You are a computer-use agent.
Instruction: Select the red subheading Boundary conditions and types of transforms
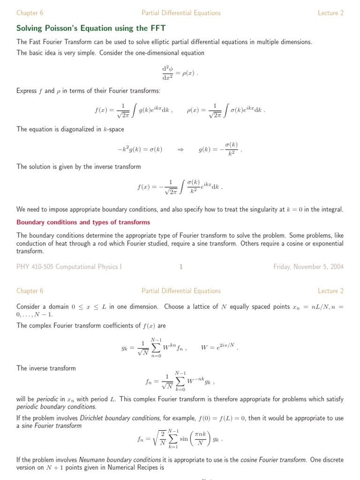click(x=83, y=222)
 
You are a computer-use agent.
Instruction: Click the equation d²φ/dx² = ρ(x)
click(x=180, y=73)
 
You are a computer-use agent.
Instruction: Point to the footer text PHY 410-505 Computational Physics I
click(x=69, y=267)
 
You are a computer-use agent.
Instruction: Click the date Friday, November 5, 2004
click(x=308, y=267)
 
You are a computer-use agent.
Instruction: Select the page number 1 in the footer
click(x=180, y=267)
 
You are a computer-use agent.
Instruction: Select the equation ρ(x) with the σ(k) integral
click(x=226, y=111)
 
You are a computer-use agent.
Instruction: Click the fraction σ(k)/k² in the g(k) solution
click(x=232, y=149)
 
